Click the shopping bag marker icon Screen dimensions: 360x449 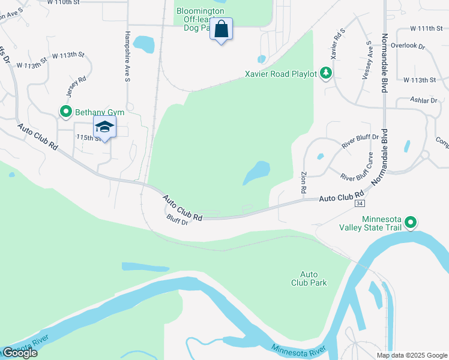tap(221, 28)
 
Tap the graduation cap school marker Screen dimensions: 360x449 tap(104, 127)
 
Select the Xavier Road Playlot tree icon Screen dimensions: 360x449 tap(326, 73)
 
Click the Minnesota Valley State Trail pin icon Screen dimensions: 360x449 tap(411, 223)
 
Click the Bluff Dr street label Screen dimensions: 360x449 tap(178, 220)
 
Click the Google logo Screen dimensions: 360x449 tap(20, 353)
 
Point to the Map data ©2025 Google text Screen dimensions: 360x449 tap(412, 355)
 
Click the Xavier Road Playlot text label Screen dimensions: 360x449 tap(280, 75)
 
